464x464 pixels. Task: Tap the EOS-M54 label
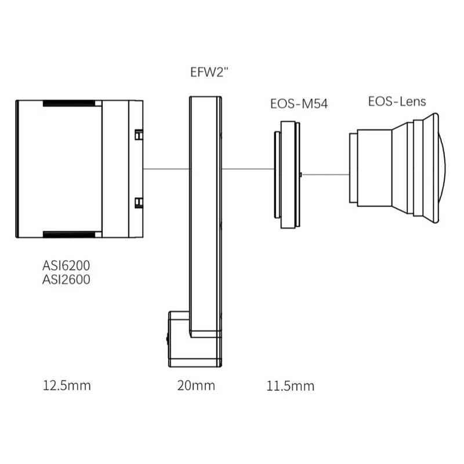pyautogui.click(x=293, y=104)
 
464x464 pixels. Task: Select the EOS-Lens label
pyautogui.click(x=397, y=101)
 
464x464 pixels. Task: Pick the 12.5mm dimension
pyautogui.click(x=67, y=385)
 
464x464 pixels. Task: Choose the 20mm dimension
pyautogui.click(x=196, y=385)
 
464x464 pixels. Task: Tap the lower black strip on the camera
pyautogui.click(x=70, y=234)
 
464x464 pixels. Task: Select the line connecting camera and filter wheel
pyautogui.click(x=166, y=169)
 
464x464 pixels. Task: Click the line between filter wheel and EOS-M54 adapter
pyautogui.click(x=248, y=169)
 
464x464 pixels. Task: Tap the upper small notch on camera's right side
pyautogui.click(x=138, y=135)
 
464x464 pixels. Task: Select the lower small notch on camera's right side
pyautogui.click(x=138, y=202)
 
